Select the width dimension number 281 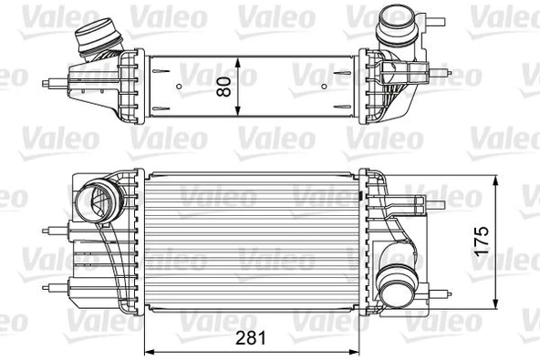251,338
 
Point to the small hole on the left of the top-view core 180,87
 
